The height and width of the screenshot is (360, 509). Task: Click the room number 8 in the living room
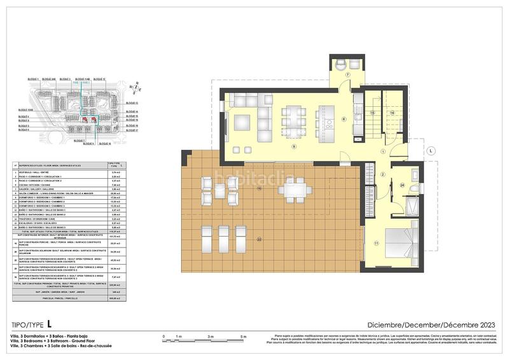293,146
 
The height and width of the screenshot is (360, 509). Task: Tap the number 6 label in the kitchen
344,119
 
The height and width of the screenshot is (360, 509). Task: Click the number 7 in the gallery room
347,75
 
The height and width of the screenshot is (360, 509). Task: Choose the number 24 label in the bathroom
403,186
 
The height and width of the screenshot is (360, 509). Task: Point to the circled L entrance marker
431,151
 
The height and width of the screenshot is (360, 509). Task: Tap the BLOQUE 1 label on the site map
34,79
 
